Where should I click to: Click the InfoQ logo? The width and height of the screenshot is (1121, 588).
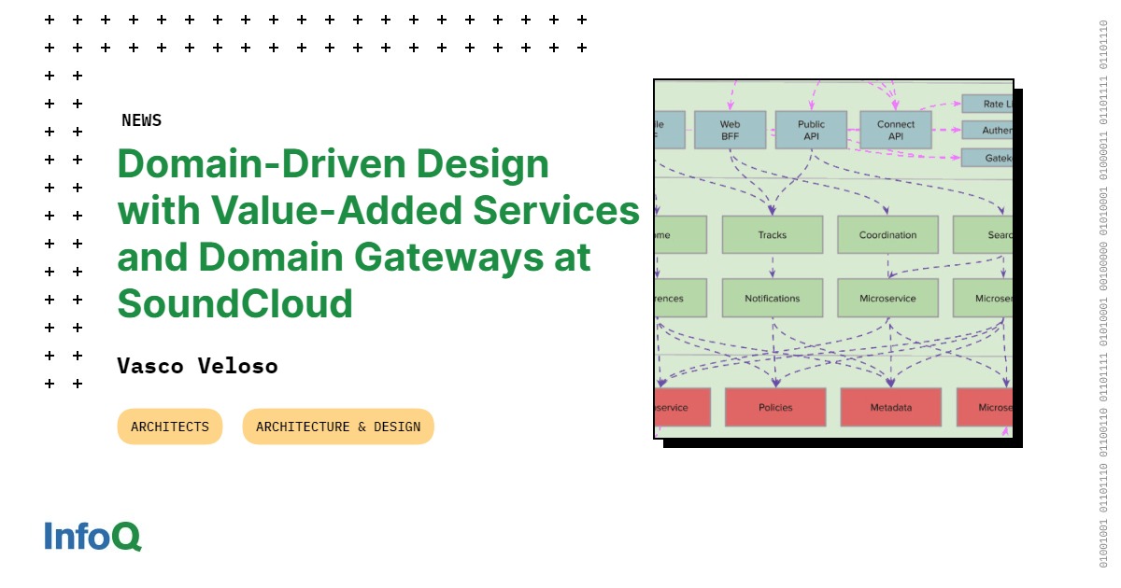(92, 536)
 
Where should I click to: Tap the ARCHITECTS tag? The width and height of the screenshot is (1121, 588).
(170, 427)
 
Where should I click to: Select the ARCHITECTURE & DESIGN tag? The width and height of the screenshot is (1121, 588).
(338, 427)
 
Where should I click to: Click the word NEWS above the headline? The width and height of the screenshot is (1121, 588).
(141, 120)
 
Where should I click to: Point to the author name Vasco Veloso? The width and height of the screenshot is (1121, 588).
(197, 366)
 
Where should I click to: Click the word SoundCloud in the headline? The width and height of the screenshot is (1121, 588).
(234, 303)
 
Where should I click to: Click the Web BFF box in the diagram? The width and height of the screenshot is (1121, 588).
(730, 130)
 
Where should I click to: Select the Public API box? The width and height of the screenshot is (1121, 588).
(811, 130)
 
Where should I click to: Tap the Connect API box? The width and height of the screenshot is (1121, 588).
(895, 130)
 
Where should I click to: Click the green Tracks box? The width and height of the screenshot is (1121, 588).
(772, 235)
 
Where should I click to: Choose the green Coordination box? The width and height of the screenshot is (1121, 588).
(887, 235)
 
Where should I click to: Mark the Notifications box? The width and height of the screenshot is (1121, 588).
(772, 299)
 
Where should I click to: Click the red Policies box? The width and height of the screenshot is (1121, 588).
(775, 407)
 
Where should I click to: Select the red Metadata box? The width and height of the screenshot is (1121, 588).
(890, 407)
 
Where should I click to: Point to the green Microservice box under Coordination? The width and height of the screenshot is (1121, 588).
(887, 299)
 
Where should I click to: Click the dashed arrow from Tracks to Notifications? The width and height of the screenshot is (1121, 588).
(773, 266)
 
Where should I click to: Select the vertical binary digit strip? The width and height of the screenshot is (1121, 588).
(1103, 294)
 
